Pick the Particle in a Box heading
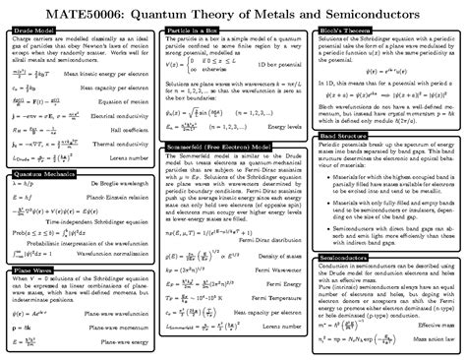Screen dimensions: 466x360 tap(193, 32)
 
